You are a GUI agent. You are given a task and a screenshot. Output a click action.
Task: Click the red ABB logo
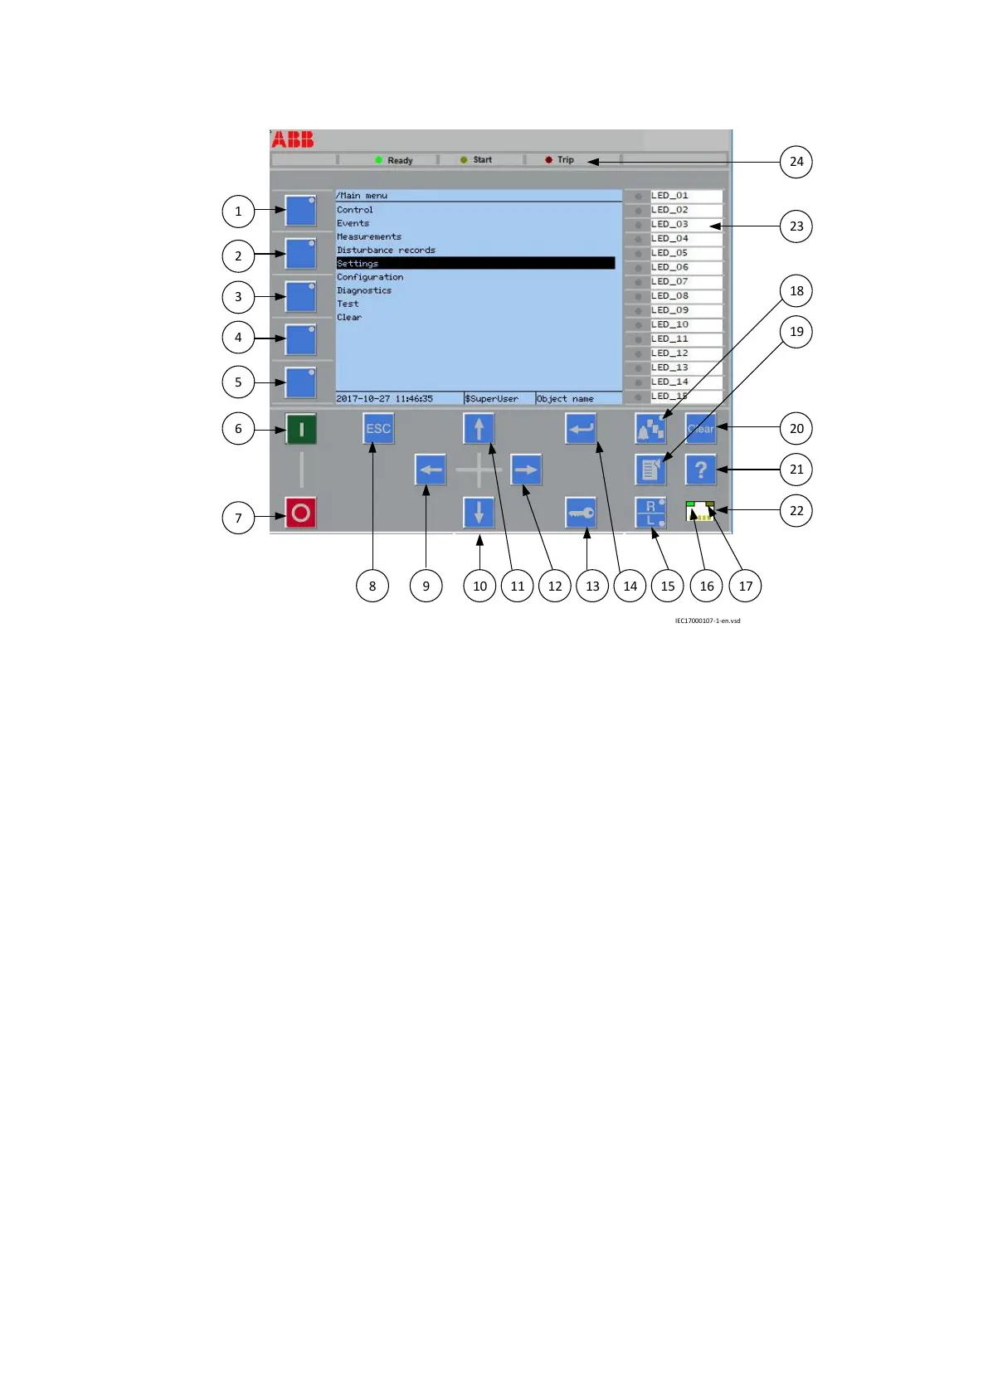[x=293, y=139]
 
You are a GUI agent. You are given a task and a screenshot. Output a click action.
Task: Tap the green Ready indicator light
[x=378, y=160]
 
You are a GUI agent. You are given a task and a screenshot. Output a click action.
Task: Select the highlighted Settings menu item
[x=475, y=263]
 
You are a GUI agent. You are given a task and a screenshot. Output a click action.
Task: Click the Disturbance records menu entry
[x=386, y=250]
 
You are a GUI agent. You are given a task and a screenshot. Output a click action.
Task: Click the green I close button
[x=301, y=429]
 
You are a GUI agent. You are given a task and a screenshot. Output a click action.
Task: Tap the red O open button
[x=301, y=513]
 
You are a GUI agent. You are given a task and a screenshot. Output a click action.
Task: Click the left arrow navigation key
[x=431, y=470]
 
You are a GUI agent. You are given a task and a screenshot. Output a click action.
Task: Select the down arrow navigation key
[x=479, y=513]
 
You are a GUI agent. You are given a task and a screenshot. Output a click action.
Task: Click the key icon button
[x=581, y=513]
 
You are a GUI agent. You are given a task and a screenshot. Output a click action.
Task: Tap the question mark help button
[x=701, y=470]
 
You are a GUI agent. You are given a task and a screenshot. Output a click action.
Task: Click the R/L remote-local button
[x=650, y=513]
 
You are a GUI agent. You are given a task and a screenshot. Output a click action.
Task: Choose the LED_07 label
[x=670, y=281]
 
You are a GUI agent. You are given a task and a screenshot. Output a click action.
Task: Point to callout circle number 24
[x=796, y=162]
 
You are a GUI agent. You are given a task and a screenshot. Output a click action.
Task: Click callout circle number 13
[x=592, y=586]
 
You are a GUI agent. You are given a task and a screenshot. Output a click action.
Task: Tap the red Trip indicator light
[x=548, y=160]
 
